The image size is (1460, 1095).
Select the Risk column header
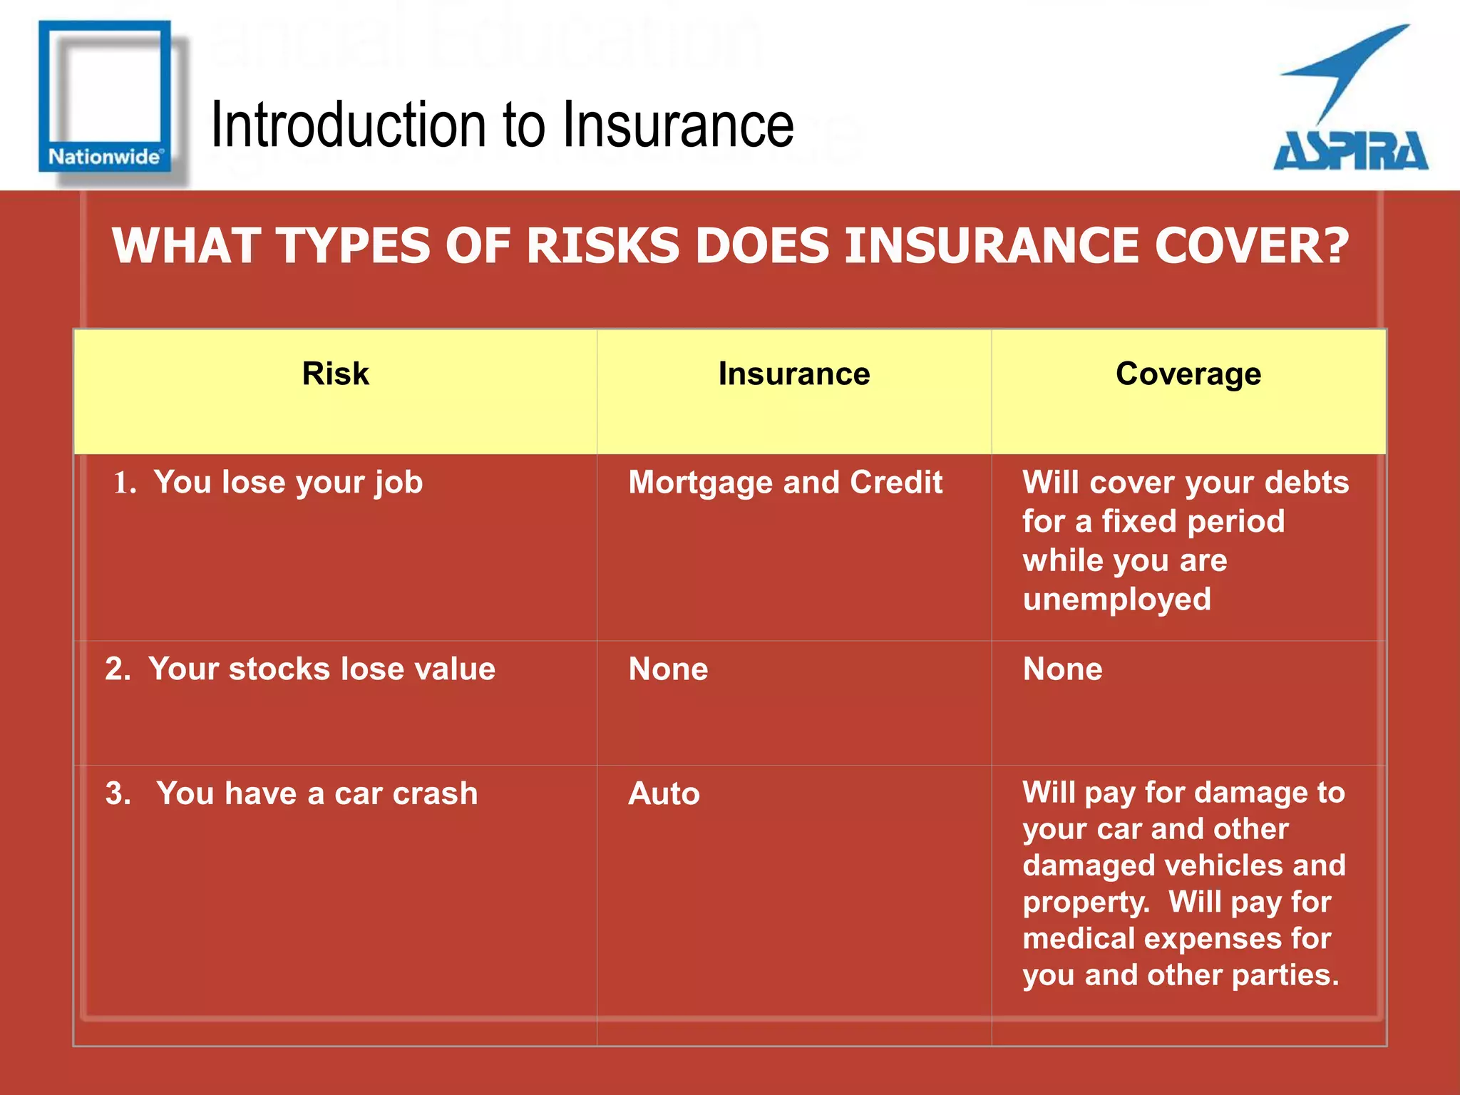pyautogui.click(x=335, y=374)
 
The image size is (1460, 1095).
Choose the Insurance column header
pyautogui.click(x=793, y=374)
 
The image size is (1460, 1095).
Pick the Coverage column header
pyautogui.click(x=1188, y=374)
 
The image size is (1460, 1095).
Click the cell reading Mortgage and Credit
pyautogui.click(x=785, y=483)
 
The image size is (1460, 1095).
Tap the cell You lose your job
pyautogui.click(x=288, y=483)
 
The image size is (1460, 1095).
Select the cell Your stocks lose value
pyautogui.click(x=322, y=669)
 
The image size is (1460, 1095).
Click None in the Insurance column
pyautogui.click(x=668, y=669)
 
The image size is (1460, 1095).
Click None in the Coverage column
pyautogui.click(x=1062, y=669)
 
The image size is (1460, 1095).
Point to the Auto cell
pyautogui.click(x=664, y=794)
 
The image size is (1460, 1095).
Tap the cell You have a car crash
pyautogui.click(x=317, y=794)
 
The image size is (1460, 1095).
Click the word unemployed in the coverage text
pyautogui.click(x=1116, y=600)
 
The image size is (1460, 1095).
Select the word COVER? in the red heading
pyautogui.click(x=1252, y=246)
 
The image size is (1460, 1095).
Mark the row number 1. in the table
pyautogui.click(x=125, y=483)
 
